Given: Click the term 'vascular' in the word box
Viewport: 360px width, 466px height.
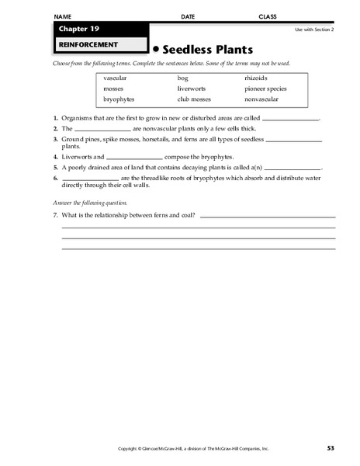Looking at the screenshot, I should pyautogui.click(x=114, y=79).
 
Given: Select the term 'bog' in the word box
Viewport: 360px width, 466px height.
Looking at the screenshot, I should pyautogui.click(x=182, y=79).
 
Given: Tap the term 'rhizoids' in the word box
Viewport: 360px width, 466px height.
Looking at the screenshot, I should pyautogui.click(x=256, y=79).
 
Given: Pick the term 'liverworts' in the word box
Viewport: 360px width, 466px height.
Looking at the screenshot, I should pyautogui.click(x=191, y=89).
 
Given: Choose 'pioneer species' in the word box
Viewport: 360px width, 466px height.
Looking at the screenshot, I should pyautogui.click(x=265, y=89).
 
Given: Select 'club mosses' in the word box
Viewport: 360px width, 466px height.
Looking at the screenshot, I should pyautogui.click(x=193, y=99).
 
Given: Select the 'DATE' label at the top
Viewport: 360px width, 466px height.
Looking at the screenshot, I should pyautogui.click(x=188, y=16).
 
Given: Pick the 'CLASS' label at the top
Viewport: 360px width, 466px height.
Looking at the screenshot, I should pyautogui.click(x=268, y=16).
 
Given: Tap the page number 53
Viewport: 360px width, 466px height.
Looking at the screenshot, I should pyautogui.click(x=331, y=448).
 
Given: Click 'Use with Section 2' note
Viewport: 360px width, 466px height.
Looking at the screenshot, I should pyautogui.click(x=315, y=29).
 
